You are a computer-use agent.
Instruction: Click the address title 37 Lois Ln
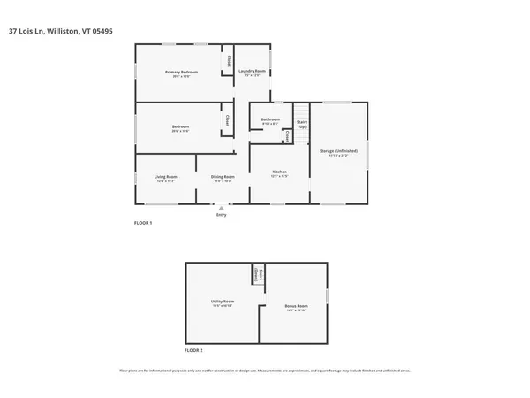tap(60, 31)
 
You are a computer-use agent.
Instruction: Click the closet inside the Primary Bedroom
tap(228, 62)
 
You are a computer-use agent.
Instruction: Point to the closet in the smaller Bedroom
tap(228, 121)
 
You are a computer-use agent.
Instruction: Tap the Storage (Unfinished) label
tap(338, 151)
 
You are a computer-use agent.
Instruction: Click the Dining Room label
tap(223, 177)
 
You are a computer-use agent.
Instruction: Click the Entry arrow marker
tap(221, 207)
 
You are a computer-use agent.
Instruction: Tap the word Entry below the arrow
tap(221, 214)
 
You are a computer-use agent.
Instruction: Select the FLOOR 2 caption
tap(193, 351)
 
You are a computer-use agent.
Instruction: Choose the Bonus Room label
tap(296, 307)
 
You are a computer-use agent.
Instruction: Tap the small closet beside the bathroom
tap(288, 137)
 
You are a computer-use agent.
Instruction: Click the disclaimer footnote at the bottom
tap(265, 371)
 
